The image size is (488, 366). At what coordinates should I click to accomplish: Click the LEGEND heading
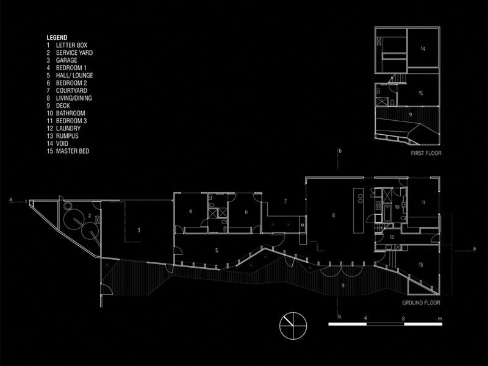(57, 38)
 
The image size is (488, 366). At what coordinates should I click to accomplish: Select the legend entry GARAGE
(66, 60)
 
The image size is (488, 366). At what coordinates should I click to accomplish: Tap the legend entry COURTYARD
(71, 90)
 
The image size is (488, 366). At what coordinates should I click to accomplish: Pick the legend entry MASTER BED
(73, 151)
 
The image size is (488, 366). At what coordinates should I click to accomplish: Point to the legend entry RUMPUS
(67, 136)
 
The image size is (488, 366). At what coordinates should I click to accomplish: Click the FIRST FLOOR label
(426, 153)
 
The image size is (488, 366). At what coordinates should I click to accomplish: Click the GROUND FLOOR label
(421, 303)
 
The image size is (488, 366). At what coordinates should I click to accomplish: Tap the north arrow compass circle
(293, 326)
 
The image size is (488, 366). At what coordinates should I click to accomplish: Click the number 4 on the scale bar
(365, 318)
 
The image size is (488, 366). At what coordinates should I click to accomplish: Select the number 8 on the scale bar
(403, 318)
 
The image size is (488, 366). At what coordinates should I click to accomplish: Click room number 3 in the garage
(139, 231)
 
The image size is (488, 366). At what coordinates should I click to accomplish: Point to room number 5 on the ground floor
(217, 250)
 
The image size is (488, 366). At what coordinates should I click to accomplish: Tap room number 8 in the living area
(333, 215)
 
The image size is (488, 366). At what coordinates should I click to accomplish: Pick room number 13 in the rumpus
(421, 265)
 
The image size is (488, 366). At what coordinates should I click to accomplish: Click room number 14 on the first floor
(423, 49)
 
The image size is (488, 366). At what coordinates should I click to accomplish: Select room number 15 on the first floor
(421, 93)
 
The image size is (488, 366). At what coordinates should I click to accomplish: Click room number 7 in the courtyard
(285, 201)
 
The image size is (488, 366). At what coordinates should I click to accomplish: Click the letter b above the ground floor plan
(340, 151)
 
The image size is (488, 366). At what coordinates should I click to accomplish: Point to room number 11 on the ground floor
(423, 203)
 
